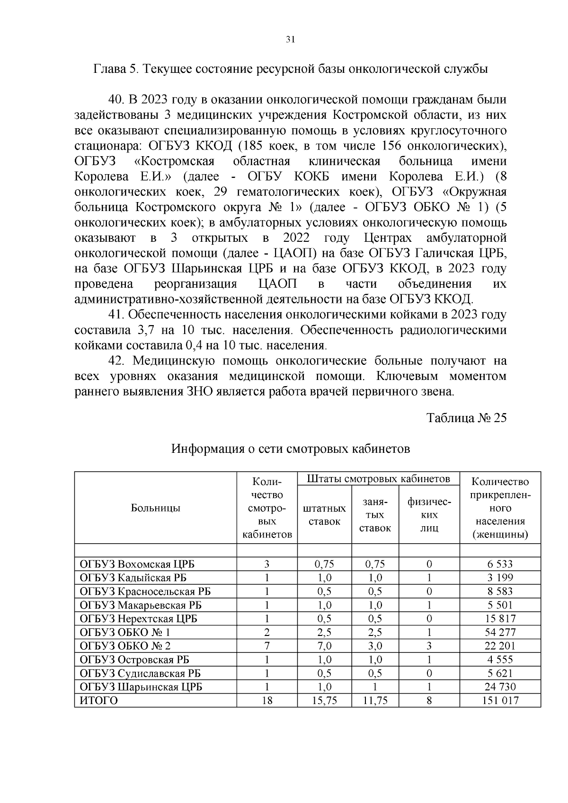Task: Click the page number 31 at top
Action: [x=291, y=40]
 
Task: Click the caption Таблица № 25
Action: [x=466, y=418]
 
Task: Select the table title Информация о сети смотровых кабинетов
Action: [x=290, y=448]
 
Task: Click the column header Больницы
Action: [x=155, y=508]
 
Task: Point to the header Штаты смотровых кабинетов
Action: [x=378, y=479]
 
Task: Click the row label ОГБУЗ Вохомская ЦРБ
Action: [x=137, y=564]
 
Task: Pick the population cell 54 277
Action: [x=501, y=632]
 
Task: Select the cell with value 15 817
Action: [x=501, y=618]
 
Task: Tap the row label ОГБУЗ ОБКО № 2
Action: [x=125, y=646]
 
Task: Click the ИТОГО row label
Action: [x=98, y=700]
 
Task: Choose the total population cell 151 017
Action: [x=501, y=700]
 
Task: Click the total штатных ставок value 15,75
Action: [x=324, y=700]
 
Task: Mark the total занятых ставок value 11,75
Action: [x=375, y=700]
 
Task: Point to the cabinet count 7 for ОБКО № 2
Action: [x=267, y=646]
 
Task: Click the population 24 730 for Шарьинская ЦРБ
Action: [x=501, y=687]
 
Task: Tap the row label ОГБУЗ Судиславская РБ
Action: [x=141, y=673]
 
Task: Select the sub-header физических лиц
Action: [x=429, y=515]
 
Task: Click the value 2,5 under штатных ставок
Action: [x=324, y=632]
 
